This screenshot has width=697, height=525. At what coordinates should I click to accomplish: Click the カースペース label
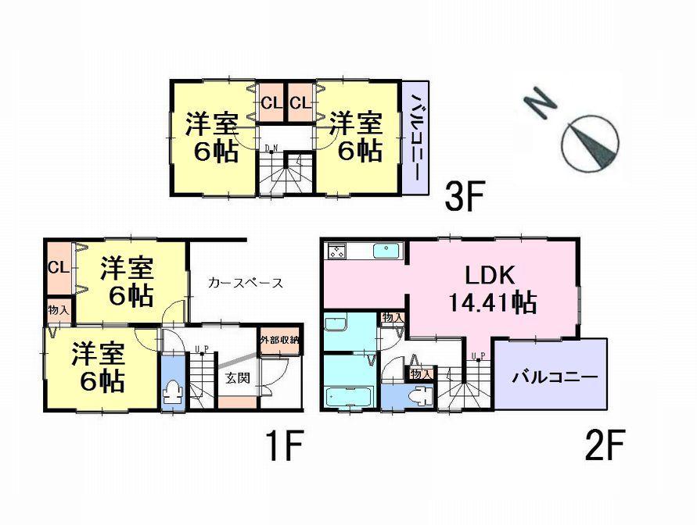tap(246, 283)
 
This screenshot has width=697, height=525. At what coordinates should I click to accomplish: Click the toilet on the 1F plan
tap(171, 391)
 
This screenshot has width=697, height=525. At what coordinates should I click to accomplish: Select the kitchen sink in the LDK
tap(386, 251)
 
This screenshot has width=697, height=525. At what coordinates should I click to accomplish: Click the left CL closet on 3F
tap(271, 102)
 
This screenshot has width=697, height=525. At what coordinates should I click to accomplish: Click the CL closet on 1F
tap(57, 267)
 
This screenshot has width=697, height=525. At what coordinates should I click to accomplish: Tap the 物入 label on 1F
tap(57, 310)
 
